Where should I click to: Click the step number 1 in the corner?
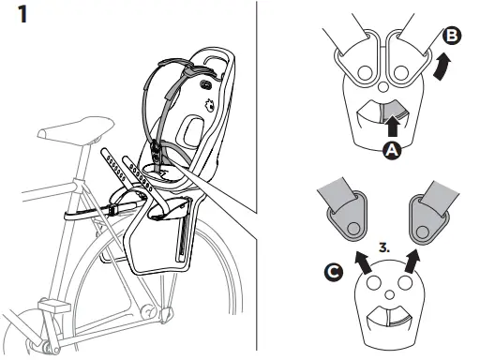coord(22,14)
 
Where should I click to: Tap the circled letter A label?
coord(392,150)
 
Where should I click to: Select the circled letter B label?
coord(452,36)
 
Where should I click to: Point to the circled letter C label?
coord(334,272)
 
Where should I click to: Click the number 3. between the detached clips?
coord(384,247)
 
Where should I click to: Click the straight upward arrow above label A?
coord(393,126)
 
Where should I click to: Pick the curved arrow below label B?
coord(442,67)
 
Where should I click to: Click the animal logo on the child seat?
coord(209,106)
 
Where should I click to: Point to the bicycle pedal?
coord(54,306)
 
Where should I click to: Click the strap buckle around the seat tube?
coord(112,211)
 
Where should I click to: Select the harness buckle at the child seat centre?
coord(156,151)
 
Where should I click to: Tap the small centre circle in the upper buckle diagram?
coord(382,86)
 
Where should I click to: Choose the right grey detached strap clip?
coord(433,212)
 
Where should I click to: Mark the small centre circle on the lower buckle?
coord(390,295)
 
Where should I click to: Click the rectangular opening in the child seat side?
coord(191,131)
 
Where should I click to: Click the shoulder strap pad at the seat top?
coord(193,72)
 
